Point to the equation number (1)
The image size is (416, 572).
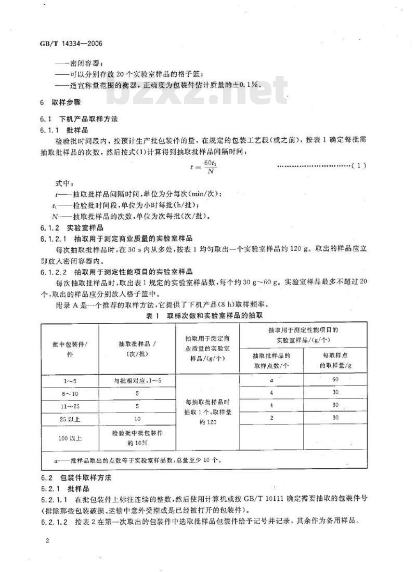(359, 166)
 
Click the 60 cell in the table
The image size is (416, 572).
(335, 380)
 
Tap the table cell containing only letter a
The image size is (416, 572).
(271, 380)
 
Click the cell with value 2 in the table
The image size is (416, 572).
(271, 418)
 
